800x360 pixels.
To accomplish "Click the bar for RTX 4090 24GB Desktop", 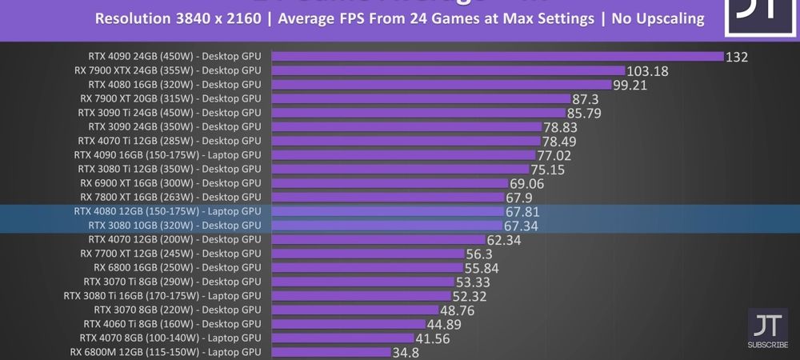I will click(x=497, y=56).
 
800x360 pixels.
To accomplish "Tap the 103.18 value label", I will click(x=647, y=71).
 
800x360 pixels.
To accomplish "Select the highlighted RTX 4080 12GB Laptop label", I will click(x=167, y=212).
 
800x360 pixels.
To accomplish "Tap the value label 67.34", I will click(x=521, y=226).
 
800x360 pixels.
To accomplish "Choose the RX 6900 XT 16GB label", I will click(x=170, y=183).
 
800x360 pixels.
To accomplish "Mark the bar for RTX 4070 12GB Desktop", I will click(x=378, y=239).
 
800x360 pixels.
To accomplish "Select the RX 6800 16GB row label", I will click(x=177, y=268).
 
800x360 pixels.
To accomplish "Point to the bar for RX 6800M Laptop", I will click(x=330, y=352).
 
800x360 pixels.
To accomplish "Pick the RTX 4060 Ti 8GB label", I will click(x=171, y=324).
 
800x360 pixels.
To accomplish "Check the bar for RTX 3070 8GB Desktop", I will click(x=354, y=310).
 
